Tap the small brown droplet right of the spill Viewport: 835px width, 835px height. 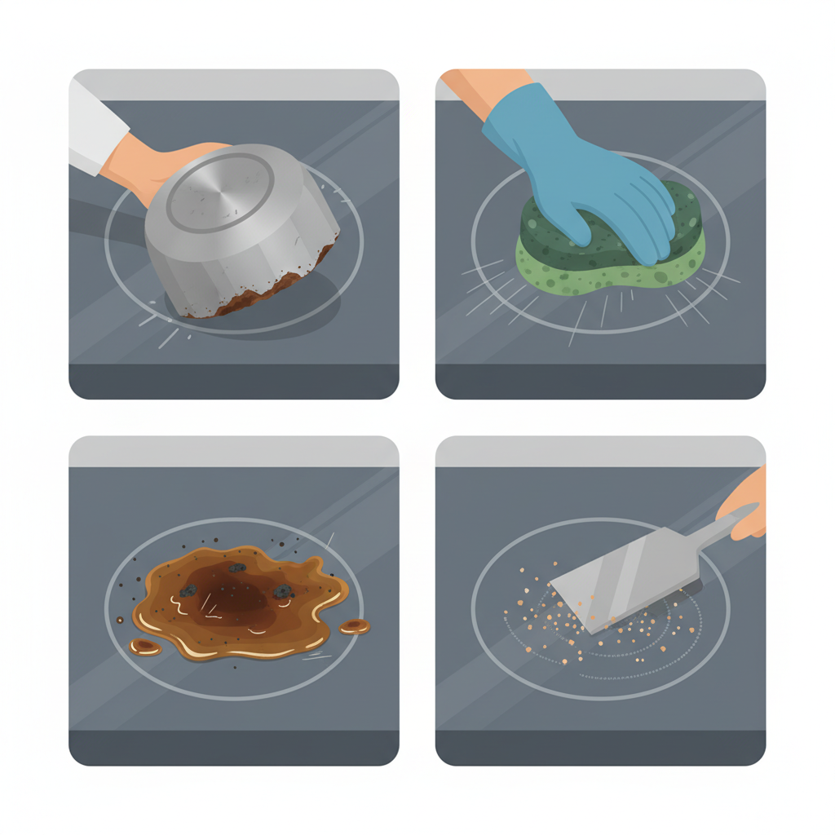tap(355, 626)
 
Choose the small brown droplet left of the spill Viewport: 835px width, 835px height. tap(145, 647)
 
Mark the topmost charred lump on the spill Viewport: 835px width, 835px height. tap(237, 568)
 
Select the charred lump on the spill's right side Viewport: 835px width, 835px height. tap(283, 591)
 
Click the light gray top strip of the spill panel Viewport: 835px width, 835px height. tap(233, 451)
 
